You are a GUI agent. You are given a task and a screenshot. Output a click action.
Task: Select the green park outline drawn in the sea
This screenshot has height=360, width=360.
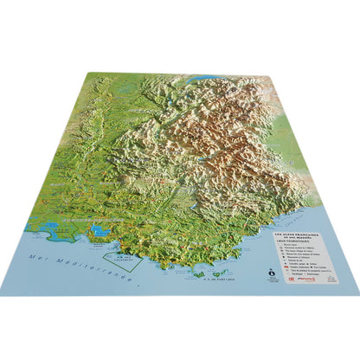click(x=118, y=254)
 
